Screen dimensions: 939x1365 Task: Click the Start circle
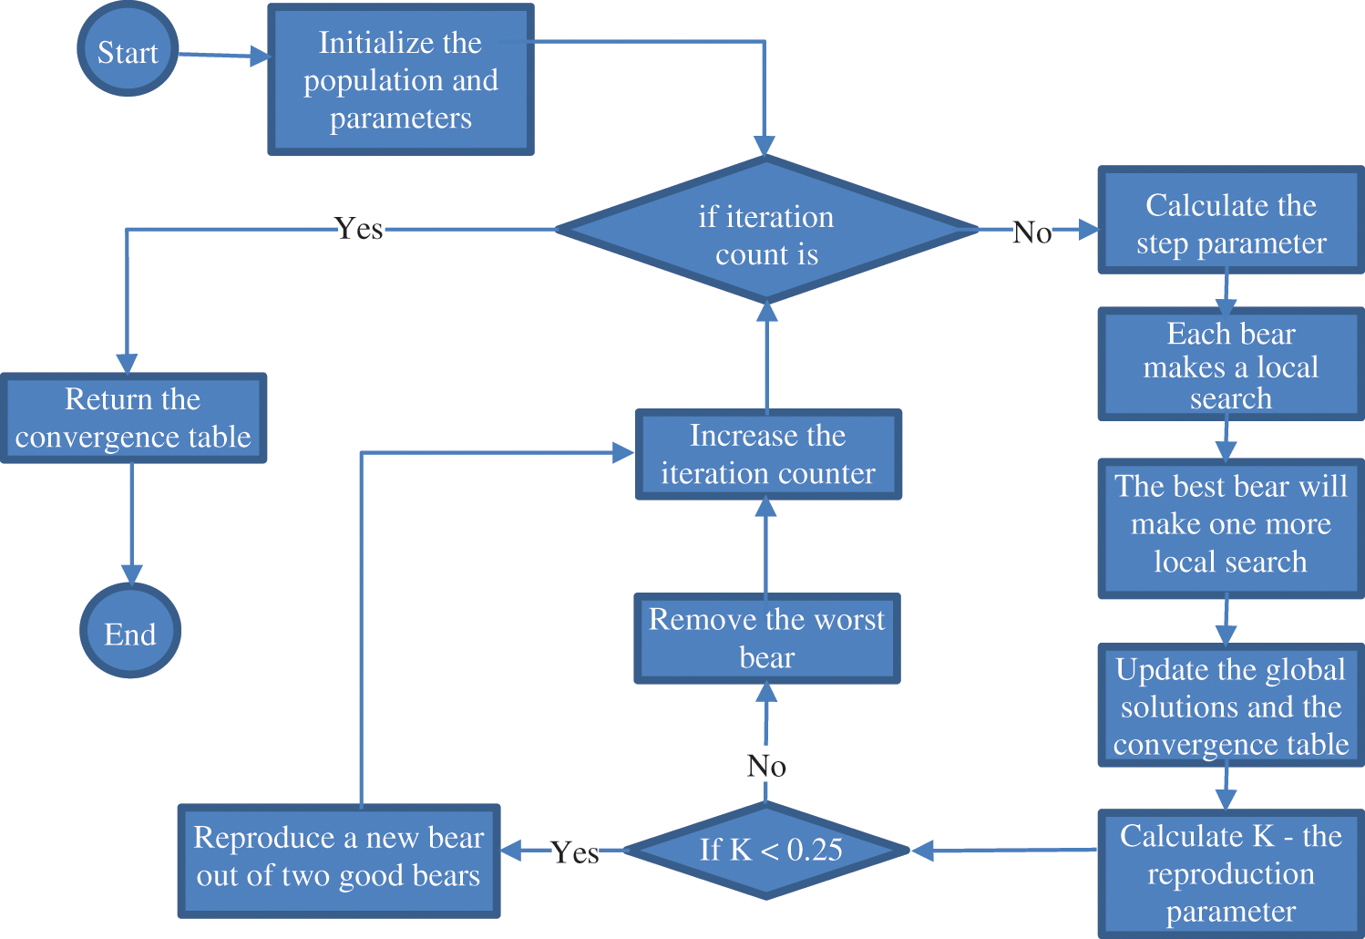tap(128, 51)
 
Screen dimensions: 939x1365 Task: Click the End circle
tap(130, 632)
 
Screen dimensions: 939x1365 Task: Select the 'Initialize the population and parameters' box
tap(400, 80)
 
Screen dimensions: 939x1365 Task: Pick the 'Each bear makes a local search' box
tap(1230, 365)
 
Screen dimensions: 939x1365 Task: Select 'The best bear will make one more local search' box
tap(1230, 526)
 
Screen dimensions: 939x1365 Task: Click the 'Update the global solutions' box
tap(1230, 707)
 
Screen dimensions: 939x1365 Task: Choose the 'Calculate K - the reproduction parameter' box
tap(1230, 872)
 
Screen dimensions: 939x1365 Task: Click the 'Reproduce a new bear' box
tap(339, 859)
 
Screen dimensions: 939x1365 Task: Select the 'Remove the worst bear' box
tap(766, 638)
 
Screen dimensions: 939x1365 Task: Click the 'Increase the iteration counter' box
tap(767, 455)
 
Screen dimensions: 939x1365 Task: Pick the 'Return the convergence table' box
tap(133, 418)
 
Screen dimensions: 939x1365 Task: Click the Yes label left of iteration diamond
tap(359, 229)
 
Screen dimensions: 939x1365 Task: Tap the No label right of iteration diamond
tap(1032, 233)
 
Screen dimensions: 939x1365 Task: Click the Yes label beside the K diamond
tap(575, 852)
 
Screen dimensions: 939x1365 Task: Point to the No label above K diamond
tap(766, 766)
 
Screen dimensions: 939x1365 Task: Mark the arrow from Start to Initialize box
tap(223, 56)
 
